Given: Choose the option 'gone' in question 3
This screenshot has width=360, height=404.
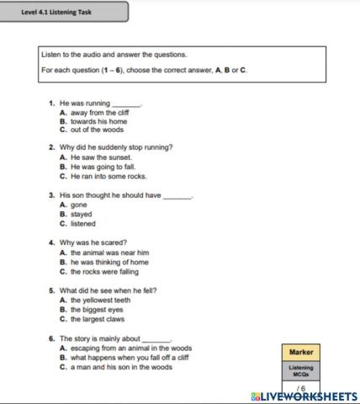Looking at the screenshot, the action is pos(79,205).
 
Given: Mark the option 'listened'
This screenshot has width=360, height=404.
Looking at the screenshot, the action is pos(83,224).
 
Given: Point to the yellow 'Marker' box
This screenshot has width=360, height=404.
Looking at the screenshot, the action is pos(300,352).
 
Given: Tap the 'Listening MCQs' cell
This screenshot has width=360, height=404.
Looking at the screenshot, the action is pos(300,370).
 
